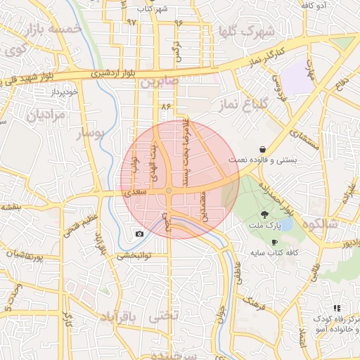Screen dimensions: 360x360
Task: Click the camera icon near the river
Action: tap(139, 233)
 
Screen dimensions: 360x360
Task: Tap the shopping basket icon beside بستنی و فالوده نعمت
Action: tap(262, 149)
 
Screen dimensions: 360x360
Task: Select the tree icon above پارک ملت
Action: tap(265, 214)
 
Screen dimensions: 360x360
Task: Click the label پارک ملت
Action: tap(265, 226)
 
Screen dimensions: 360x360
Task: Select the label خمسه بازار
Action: tap(53, 30)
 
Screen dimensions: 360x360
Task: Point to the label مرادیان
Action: tap(46, 115)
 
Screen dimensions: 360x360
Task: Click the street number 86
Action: tap(166, 105)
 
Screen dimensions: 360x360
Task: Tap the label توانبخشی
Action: tap(134, 255)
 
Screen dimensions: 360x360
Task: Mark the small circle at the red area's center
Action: tap(169, 191)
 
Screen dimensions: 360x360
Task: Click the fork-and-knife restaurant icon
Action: tap(337, 308)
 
